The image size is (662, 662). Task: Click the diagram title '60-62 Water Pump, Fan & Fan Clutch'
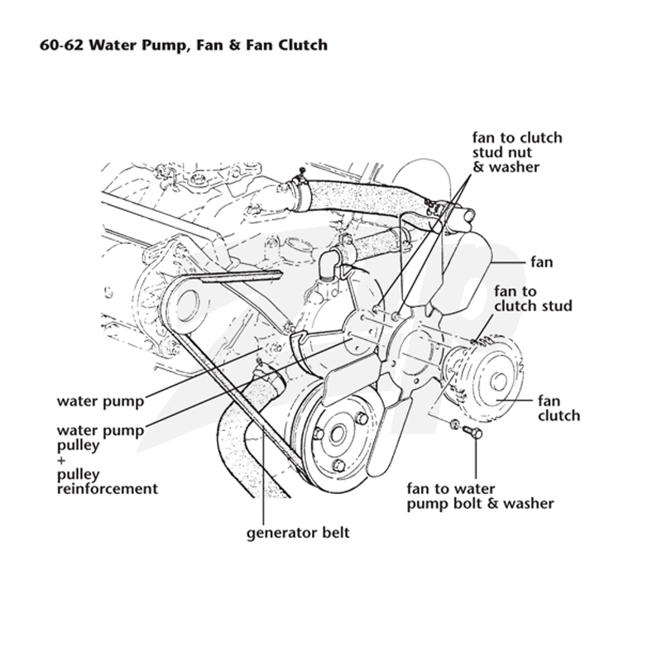[184, 45]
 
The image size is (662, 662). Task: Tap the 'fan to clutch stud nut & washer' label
[517, 152]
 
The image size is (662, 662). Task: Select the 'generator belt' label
[298, 532]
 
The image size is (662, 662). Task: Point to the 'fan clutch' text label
[559, 408]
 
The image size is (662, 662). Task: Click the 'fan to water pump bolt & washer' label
[480, 496]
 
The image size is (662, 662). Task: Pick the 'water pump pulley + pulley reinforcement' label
[108, 459]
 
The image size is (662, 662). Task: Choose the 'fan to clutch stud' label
[533, 299]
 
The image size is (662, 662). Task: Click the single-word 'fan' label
[542, 262]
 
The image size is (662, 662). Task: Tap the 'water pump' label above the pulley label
[100, 401]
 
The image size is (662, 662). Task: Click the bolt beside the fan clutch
[473, 431]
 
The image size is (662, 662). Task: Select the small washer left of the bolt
[453, 424]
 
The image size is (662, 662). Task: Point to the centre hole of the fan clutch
[498, 381]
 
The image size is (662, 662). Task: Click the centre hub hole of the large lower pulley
[337, 434]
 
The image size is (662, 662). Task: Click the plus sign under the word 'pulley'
[60, 460]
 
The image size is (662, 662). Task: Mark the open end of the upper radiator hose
[467, 214]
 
